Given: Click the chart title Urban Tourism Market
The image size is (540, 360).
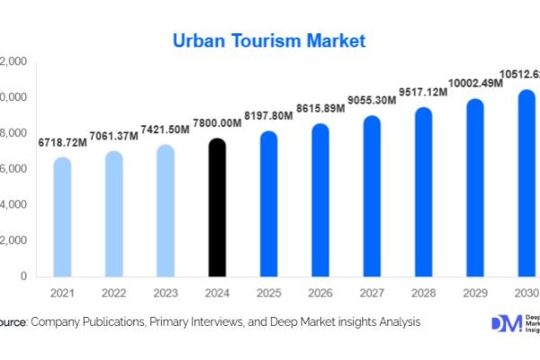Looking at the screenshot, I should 269,41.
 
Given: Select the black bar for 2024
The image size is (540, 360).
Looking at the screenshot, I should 218,209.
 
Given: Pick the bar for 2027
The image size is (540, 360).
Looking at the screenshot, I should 372,197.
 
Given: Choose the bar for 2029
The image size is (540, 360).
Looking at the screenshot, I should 474,188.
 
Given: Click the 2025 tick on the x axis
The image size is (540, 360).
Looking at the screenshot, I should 269,292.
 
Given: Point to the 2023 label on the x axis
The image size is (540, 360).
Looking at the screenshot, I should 166,292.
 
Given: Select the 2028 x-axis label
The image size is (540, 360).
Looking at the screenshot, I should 423,292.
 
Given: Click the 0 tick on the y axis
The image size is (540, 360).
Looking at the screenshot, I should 22,276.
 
